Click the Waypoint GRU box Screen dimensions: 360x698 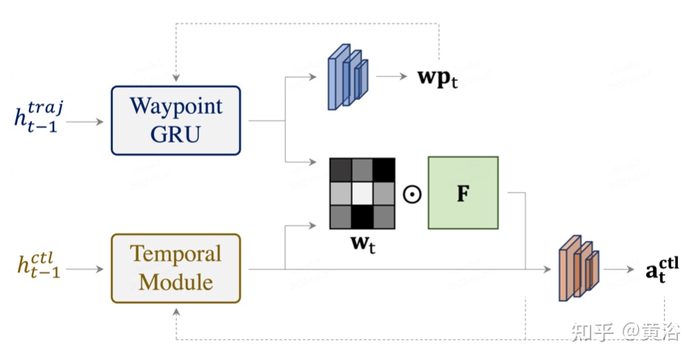coord(176,120)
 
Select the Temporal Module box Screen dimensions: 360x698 coord(176,268)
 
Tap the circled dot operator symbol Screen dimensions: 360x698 coord(412,194)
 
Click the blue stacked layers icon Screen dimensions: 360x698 coord(348,76)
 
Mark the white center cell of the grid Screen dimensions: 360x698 coord(363,193)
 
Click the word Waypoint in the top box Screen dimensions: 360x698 coord(176,107)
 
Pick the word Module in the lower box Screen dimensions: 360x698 coord(176,281)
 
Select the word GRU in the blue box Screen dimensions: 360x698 coord(176,133)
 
